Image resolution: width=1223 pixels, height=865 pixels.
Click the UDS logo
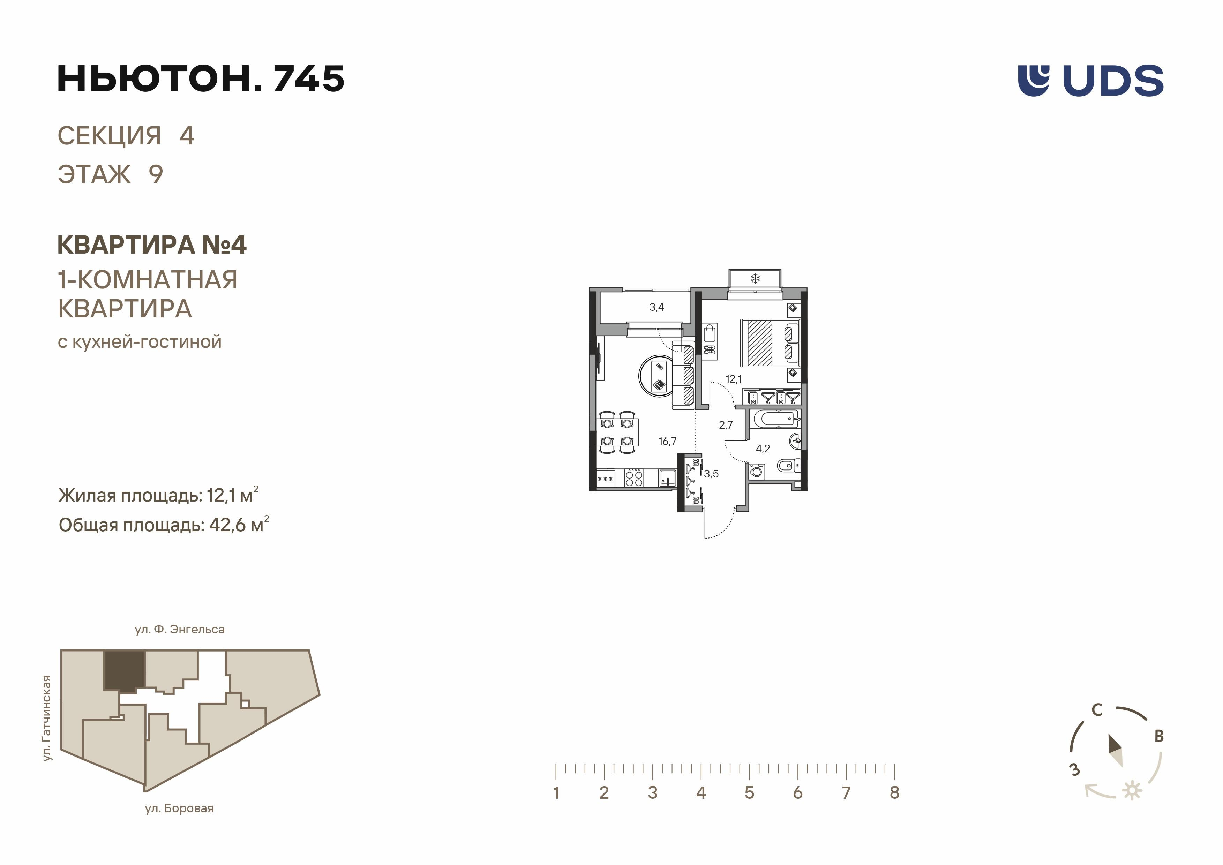(1090, 81)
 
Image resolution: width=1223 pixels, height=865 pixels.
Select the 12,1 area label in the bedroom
(734, 379)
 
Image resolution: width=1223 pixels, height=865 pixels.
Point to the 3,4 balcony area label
(657, 307)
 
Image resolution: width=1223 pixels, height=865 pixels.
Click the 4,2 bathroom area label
(763, 449)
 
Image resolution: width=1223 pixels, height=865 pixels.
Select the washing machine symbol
(756, 471)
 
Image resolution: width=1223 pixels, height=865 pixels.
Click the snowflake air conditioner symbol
(755, 278)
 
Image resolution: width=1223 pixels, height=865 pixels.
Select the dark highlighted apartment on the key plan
(123, 671)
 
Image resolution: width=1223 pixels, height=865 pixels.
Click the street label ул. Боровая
(179, 808)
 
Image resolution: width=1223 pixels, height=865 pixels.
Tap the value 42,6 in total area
(227, 525)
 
